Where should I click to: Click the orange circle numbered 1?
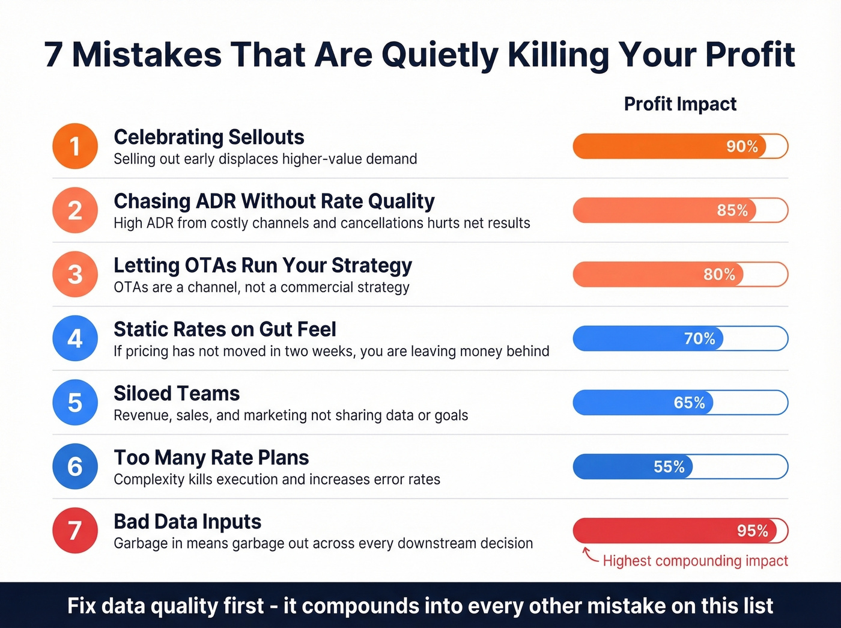click(75, 146)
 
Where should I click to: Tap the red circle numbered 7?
click(75, 531)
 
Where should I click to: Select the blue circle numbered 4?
click(75, 338)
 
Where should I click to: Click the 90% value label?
click(742, 147)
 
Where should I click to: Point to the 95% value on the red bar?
click(752, 531)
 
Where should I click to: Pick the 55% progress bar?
click(680, 467)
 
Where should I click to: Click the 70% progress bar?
click(680, 339)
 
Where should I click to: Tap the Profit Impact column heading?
click(680, 104)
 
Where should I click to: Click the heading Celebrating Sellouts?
click(209, 137)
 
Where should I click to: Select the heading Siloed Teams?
click(177, 394)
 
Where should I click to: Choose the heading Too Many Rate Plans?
click(211, 458)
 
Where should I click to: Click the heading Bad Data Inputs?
click(187, 522)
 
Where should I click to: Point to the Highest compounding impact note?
click(695, 561)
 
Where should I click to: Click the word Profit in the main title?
click(750, 55)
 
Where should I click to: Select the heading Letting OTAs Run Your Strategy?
click(263, 265)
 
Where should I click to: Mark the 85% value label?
click(732, 210)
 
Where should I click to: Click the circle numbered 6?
click(75, 466)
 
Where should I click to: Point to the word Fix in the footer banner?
click(82, 606)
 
